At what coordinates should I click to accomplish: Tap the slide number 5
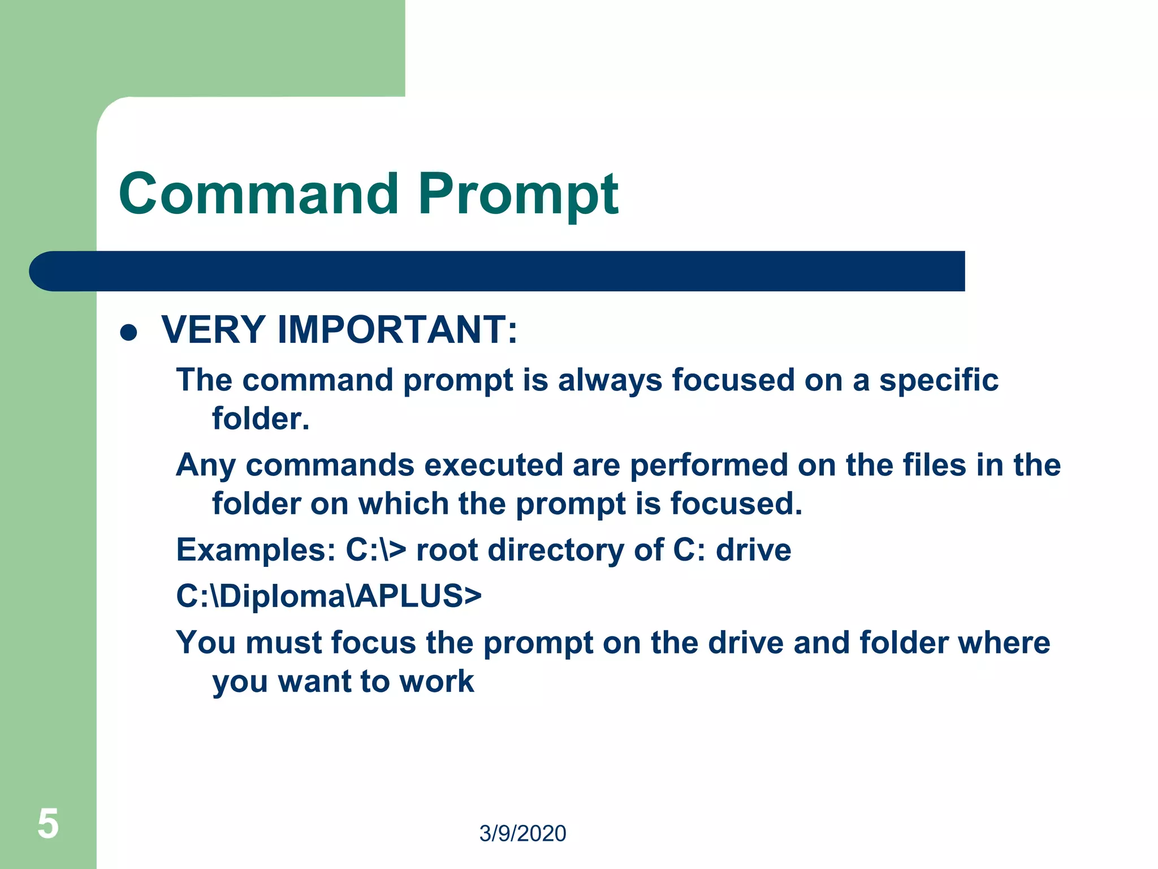[x=48, y=824]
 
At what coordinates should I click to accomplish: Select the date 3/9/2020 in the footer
[x=522, y=833]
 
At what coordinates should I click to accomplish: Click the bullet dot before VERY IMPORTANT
[x=129, y=333]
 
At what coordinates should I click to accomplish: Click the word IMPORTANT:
[x=397, y=330]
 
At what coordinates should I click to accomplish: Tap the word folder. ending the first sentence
[x=261, y=419]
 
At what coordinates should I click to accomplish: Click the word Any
[x=205, y=466]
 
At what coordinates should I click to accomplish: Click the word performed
[x=708, y=465]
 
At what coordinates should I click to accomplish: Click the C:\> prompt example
[x=375, y=550]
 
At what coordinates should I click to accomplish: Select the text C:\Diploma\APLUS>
[x=329, y=596]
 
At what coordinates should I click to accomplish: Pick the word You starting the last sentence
[x=205, y=643]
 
